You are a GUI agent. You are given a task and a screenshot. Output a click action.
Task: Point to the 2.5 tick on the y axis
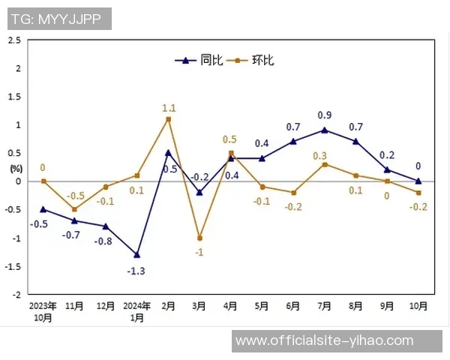[x=15, y=40]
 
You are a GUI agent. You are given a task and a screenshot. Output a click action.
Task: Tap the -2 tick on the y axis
[x=16, y=295]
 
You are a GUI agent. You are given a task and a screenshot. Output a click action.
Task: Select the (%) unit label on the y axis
[x=16, y=168]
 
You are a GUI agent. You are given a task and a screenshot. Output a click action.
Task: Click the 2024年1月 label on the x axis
[x=137, y=311]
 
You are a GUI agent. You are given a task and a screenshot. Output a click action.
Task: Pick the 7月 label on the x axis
[x=325, y=306]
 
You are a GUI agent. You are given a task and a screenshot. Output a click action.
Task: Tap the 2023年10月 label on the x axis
[x=43, y=311]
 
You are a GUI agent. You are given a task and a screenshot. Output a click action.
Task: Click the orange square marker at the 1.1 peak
[x=169, y=118]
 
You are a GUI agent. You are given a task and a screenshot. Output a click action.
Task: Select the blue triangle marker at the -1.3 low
[x=137, y=255]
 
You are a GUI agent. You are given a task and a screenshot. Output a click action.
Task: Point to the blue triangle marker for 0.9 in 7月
[x=325, y=130]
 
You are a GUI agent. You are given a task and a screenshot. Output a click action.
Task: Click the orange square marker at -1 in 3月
[x=199, y=238]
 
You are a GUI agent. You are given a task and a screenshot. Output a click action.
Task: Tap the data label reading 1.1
[x=169, y=108]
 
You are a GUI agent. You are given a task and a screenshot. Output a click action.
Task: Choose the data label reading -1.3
[x=137, y=270]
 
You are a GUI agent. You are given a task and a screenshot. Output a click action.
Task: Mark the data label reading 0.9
[x=325, y=115]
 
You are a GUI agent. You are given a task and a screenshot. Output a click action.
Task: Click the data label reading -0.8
[x=103, y=241]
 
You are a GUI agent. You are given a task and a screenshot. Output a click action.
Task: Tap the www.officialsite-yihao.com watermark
[x=324, y=340]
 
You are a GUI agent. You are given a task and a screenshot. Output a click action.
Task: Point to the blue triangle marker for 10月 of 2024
[x=418, y=181]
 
